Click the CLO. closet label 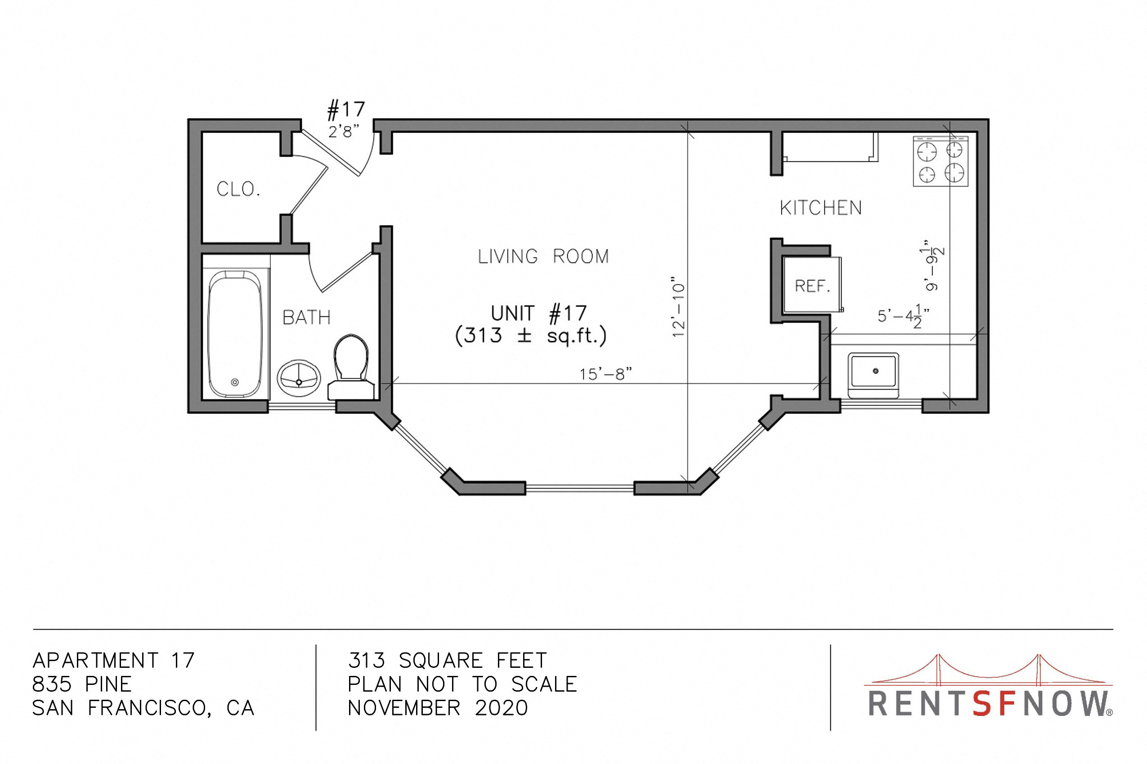(238, 189)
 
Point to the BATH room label (306, 318)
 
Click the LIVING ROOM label (543, 256)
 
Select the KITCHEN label (821, 208)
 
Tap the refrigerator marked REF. (813, 285)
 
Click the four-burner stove (941, 161)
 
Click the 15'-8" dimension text (605, 374)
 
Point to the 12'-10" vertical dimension (678, 307)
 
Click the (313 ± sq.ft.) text (531, 336)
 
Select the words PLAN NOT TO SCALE (462, 684)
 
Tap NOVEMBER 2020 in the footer (438, 708)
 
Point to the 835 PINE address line (82, 684)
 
